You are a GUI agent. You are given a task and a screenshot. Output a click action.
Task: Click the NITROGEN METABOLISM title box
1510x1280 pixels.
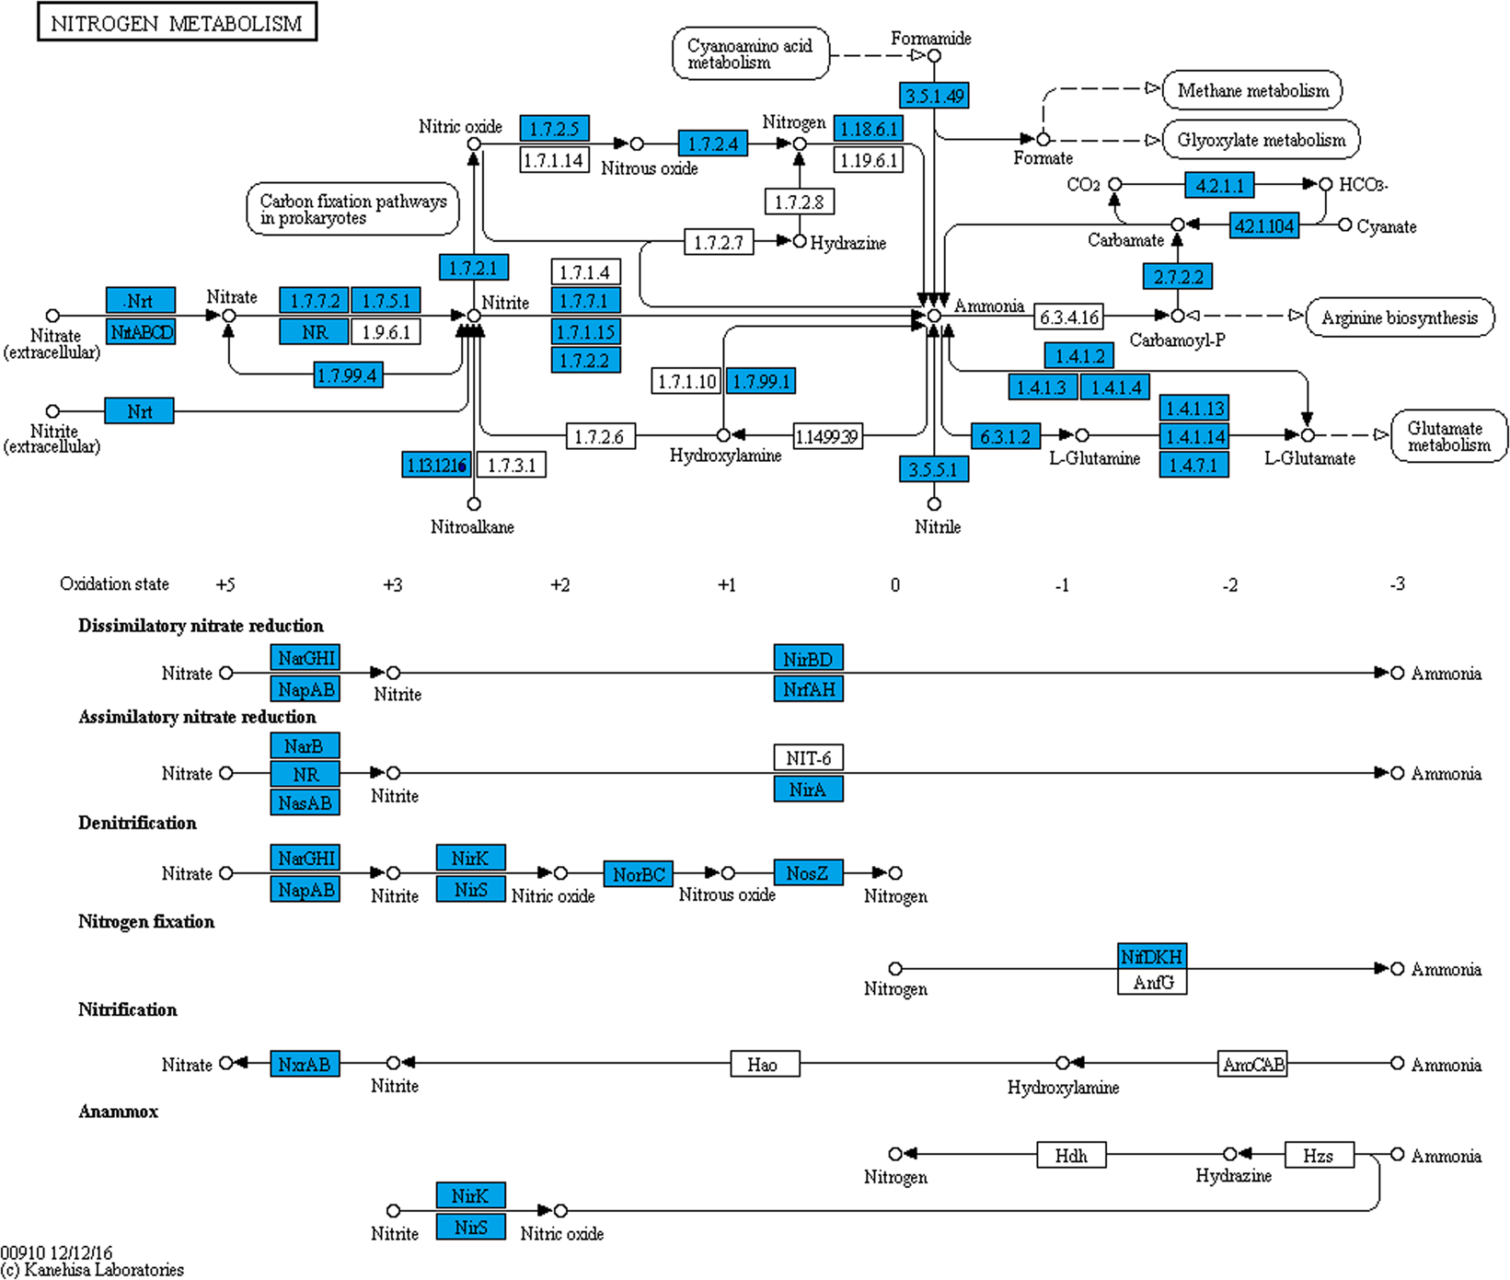pyautogui.click(x=177, y=22)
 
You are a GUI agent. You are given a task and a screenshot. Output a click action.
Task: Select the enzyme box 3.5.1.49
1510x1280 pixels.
pyautogui.click(x=933, y=95)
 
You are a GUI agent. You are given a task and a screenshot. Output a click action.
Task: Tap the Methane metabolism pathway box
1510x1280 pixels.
pyautogui.click(x=1252, y=90)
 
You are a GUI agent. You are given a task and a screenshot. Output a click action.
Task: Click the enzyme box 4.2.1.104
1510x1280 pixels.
pyautogui.click(x=1263, y=225)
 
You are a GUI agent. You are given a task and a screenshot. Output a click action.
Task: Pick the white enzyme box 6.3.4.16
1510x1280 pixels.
pyautogui.click(x=1068, y=317)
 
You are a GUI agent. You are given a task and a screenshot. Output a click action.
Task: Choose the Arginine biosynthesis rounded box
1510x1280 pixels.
pyautogui.click(x=1399, y=317)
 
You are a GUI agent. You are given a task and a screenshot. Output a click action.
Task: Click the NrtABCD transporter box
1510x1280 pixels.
pyautogui.click(x=140, y=332)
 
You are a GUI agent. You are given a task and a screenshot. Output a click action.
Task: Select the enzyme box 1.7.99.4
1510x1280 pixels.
pyautogui.click(x=347, y=375)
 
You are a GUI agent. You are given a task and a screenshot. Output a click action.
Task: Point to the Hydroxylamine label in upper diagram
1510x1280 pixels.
pyautogui.click(x=725, y=455)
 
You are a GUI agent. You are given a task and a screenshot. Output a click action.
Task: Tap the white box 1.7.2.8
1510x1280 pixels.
pyautogui.click(x=799, y=202)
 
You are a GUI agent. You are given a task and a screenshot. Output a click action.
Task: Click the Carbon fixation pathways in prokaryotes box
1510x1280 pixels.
pyautogui.click(x=352, y=209)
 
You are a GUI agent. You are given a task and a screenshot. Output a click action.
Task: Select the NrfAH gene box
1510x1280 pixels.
pyautogui.click(x=808, y=689)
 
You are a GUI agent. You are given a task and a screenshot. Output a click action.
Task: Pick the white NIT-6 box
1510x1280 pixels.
pyautogui.click(x=808, y=758)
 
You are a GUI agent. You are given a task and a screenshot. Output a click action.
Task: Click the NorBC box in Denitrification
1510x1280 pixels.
pyautogui.click(x=639, y=874)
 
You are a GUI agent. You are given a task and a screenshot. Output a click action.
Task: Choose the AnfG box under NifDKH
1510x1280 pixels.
pyautogui.click(x=1152, y=983)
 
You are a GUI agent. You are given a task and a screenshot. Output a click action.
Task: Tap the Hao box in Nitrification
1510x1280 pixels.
pyautogui.click(x=764, y=1065)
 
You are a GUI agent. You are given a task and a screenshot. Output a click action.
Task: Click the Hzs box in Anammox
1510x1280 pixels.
pyautogui.click(x=1318, y=1156)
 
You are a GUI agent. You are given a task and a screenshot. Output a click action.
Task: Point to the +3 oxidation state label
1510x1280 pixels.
pyautogui.click(x=393, y=584)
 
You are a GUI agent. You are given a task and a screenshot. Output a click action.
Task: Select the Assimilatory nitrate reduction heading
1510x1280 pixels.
pyautogui.click(x=197, y=717)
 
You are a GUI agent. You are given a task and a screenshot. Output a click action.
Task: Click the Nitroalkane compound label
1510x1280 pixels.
pyautogui.click(x=472, y=527)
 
